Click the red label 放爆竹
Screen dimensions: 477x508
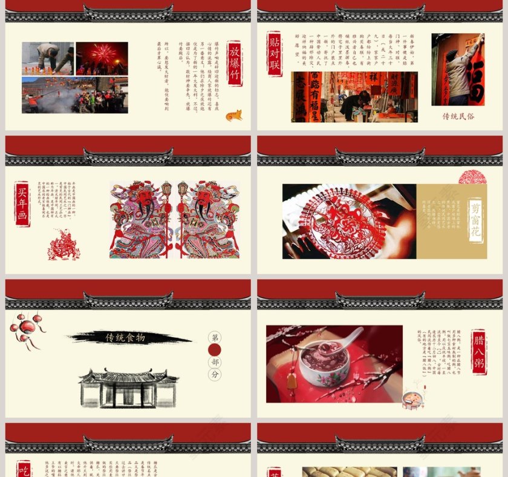click(x=235, y=63)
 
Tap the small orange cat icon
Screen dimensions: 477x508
click(x=233, y=115)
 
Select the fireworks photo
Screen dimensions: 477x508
click(x=102, y=58)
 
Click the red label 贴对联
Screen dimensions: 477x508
click(x=275, y=53)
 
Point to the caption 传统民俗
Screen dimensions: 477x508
click(x=458, y=116)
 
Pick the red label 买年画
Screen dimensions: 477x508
click(x=22, y=203)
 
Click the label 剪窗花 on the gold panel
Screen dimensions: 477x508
click(x=477, y=220)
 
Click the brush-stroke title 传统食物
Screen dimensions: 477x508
click(x=126, y=338)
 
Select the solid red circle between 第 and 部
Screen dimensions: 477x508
click(x=215, y=350)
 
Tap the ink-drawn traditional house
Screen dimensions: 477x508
click(x=128, y=387)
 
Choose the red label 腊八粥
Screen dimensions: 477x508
click(x=479, y=351)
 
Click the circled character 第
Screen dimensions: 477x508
click(x=215, y=337)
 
